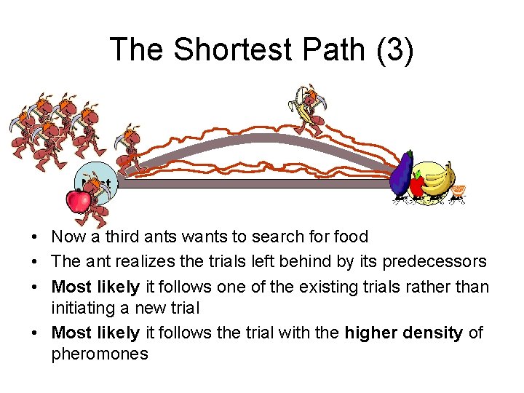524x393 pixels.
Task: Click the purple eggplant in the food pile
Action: pos(401,175)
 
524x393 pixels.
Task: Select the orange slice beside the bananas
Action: pos(458,191)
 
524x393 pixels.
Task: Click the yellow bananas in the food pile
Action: pos(438,179)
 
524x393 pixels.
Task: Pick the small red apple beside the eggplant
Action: pos(417,185)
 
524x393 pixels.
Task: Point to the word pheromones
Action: pos(100,354)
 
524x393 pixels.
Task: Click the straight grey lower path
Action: pos(255,184)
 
